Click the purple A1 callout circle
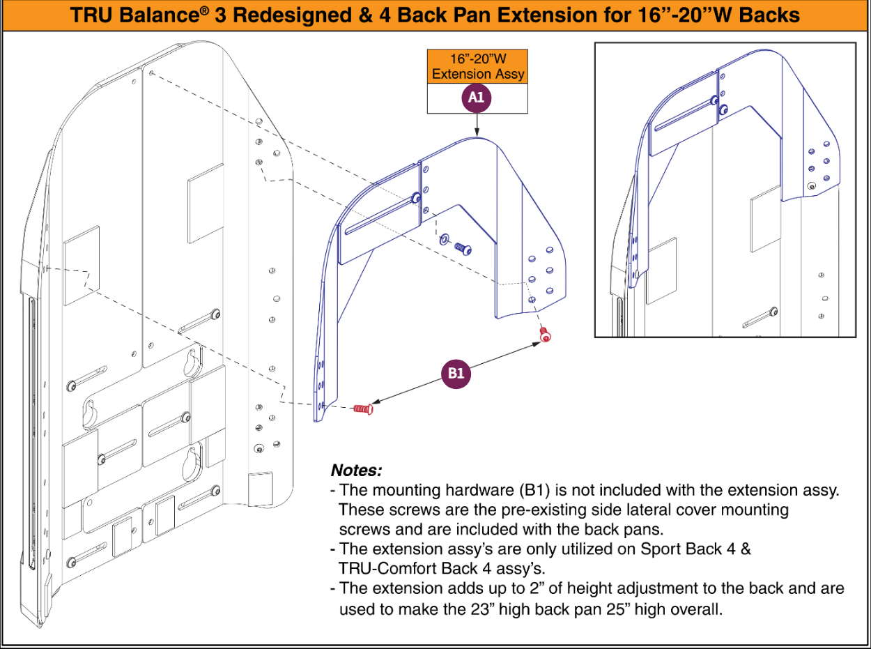pyautogui.click(x=476, y=98)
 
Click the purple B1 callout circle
pyautogui.click(x=456, y=374)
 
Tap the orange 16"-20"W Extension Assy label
pyautogui.click(x=477, y=67)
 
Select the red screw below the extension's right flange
pyautogui.click(x=545, y=335)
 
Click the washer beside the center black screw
pyautogui.click(x=444, y=240)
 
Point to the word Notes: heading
pyautogui.click(x=356, y=470)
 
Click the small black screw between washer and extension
pyautogui.click(x=463, y=247)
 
